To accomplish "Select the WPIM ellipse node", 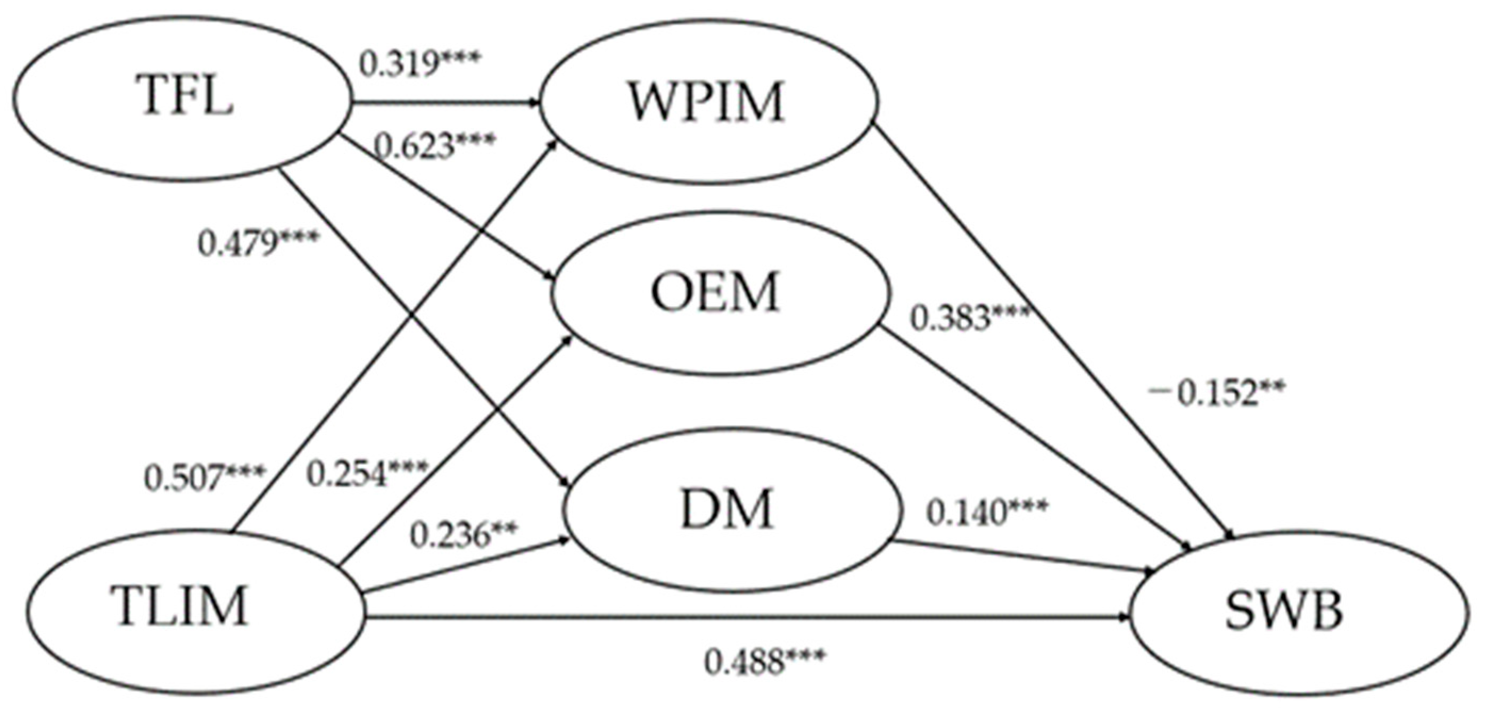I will (707, 103).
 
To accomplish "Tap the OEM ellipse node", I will (715, 292).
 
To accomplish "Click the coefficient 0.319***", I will (419, 64).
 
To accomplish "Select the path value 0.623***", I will (434, 146).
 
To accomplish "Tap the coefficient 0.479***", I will (257, 244).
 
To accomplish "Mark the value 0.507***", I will (204, 477).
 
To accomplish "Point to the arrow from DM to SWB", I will (1021, 557).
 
